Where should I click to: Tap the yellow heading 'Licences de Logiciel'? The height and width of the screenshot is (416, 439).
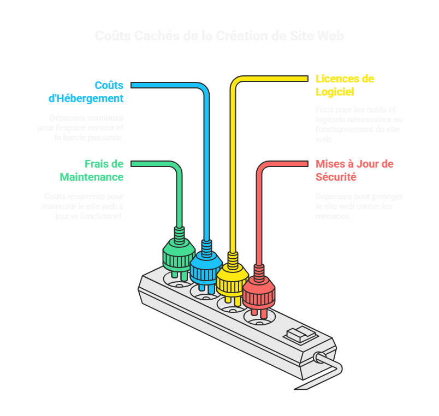pos(345,85)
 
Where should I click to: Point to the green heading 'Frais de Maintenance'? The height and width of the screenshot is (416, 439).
pos(92,170)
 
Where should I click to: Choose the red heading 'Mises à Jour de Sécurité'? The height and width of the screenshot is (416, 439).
pos(354,170)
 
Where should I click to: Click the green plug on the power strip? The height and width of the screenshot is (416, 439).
pos(178,257)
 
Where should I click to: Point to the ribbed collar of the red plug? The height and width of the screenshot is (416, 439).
pos(259,271)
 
